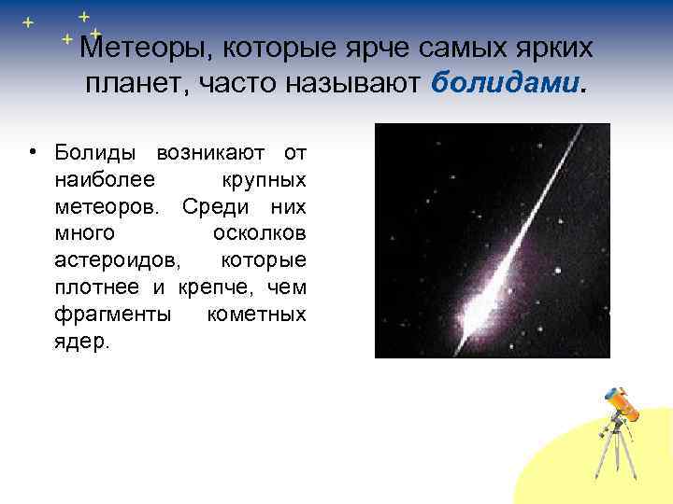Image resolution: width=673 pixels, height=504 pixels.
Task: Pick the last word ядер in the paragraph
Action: (81, 342)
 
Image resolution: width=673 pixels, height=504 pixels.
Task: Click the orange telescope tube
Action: (623, 404)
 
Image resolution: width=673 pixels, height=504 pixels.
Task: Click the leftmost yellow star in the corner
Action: (28, 21)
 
